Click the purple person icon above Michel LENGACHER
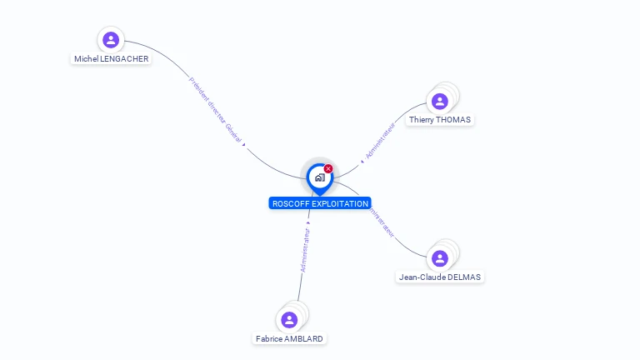click(111, 40)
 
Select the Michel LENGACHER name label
click(111, 59)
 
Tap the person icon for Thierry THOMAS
click(439, 102)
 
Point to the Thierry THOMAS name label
click(439, 120)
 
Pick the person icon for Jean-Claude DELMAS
click(439, 258)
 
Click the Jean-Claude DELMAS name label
click(439, 277)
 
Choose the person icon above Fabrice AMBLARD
click(289, 320)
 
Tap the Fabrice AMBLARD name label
click(289, 339)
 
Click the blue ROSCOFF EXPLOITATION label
click(320, 203)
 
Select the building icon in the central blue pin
click(319, 177)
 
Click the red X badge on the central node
click(328, 169)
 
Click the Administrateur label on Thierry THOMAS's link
click(380, 141)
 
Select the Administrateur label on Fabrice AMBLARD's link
click(306, 251)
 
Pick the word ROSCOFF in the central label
click(290, 203)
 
